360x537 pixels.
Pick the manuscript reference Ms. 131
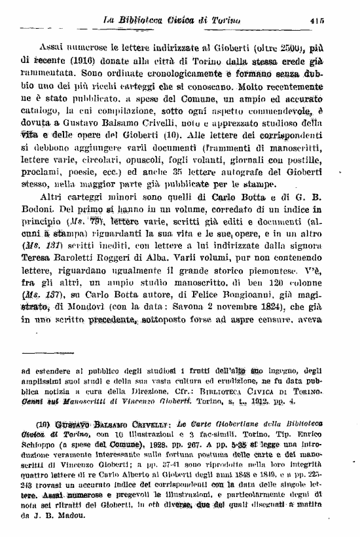tap(45, 252)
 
